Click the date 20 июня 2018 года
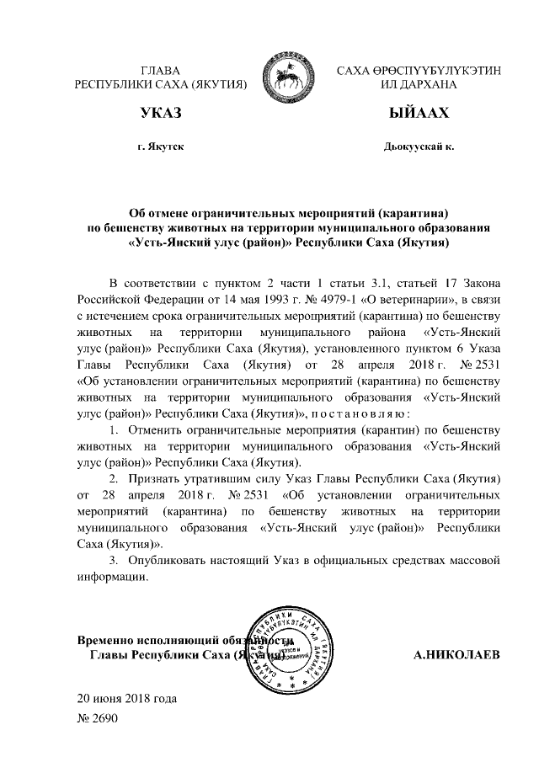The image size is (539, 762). pos(127,698)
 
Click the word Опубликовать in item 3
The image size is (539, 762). pos(167,560)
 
